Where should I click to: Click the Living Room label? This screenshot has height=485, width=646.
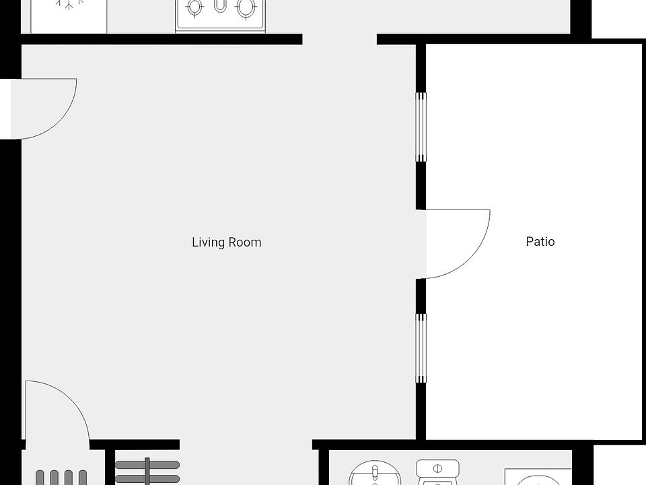click(226, 243)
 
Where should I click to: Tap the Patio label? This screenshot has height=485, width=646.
click(540, 241)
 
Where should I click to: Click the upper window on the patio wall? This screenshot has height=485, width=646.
click(421, 127)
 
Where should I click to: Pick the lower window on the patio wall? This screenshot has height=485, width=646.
click(421, 348)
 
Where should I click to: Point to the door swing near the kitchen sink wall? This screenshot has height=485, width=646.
click(44, 108)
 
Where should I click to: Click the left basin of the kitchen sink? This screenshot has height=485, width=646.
click(195, 8)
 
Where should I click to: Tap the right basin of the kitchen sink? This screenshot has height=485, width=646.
click(246, 8)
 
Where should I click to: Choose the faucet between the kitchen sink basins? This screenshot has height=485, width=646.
click(221, 7)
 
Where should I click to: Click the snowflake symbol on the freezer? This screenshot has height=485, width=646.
click(67, 4)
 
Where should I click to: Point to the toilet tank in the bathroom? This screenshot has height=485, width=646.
click(437, 467)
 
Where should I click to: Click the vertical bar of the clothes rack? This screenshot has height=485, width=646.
click(147, 472)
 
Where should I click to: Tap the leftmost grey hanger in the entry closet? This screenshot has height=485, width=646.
click(40, 478)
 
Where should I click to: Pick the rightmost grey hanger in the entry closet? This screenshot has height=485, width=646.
click(82, 478)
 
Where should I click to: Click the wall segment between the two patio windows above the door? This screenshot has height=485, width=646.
click(421, 185)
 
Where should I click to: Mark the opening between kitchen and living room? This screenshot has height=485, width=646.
click(339, 39)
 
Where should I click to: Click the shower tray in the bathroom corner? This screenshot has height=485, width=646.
click(538, 477)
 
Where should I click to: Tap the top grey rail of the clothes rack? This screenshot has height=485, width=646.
click(147, 465)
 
